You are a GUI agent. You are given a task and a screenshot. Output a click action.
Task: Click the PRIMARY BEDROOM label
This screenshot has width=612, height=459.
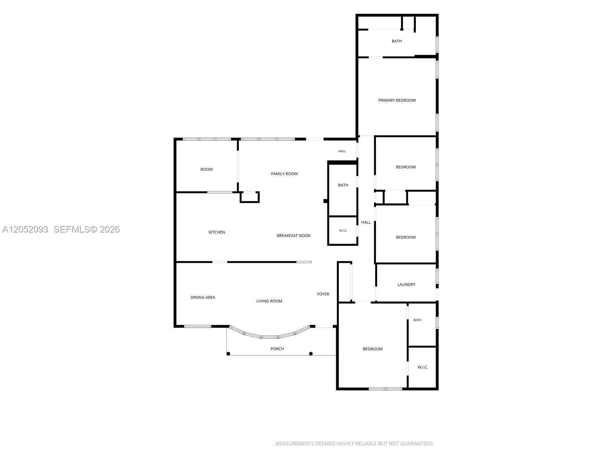pos(397,100)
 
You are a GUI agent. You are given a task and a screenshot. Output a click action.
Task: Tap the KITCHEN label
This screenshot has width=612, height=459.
pos(216,232)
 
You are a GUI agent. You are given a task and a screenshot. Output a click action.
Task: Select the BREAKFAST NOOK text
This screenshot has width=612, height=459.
pos(293,236)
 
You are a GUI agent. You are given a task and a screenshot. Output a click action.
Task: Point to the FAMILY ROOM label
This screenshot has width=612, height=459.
pos(284,174)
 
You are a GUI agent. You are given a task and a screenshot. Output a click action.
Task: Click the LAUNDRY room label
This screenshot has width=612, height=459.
pos(406,285)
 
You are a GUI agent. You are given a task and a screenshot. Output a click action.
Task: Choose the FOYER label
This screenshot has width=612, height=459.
pos(323,294)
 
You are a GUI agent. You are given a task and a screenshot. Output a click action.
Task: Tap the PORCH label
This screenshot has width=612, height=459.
pos(277,348)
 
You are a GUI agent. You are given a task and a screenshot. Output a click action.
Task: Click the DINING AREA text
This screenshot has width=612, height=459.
pos(203,297)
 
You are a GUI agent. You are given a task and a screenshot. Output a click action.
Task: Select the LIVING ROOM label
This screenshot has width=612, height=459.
pos(269,301)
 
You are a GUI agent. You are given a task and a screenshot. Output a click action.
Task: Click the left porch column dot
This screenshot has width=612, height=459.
pos(228,354)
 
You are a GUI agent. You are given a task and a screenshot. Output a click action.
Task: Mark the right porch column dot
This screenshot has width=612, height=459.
pos(311,354)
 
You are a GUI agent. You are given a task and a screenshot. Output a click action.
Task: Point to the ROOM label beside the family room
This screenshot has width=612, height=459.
pos(206,169)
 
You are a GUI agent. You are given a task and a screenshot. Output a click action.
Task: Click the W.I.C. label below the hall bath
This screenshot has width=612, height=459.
pos(343,231)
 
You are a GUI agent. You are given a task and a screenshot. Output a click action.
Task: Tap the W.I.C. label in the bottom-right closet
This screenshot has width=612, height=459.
pos(422,367)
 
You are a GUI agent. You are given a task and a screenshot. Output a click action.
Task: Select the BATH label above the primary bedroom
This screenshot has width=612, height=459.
pos(397,41)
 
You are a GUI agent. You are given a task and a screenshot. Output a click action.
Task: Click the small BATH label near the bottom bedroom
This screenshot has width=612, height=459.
pos(417,320)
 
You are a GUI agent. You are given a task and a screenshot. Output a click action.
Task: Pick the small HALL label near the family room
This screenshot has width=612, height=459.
pos(342,151)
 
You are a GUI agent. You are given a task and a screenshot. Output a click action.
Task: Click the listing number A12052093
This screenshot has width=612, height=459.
pos(25,229)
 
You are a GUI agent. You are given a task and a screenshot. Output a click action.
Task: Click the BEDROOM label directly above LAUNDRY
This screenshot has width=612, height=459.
pos(405,237)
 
